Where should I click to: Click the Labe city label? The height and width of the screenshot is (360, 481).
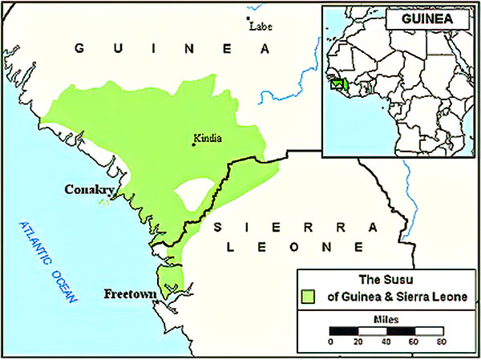coord(262,26)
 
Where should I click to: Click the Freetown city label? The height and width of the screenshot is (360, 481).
coord(128,294)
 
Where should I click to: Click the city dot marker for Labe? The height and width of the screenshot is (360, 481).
coord(249,18)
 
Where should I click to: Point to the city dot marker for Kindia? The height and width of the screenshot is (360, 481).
coord(193,144)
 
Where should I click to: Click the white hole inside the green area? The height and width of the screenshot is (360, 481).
coord(193,195)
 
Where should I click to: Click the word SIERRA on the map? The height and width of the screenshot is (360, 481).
coord(289,228)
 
